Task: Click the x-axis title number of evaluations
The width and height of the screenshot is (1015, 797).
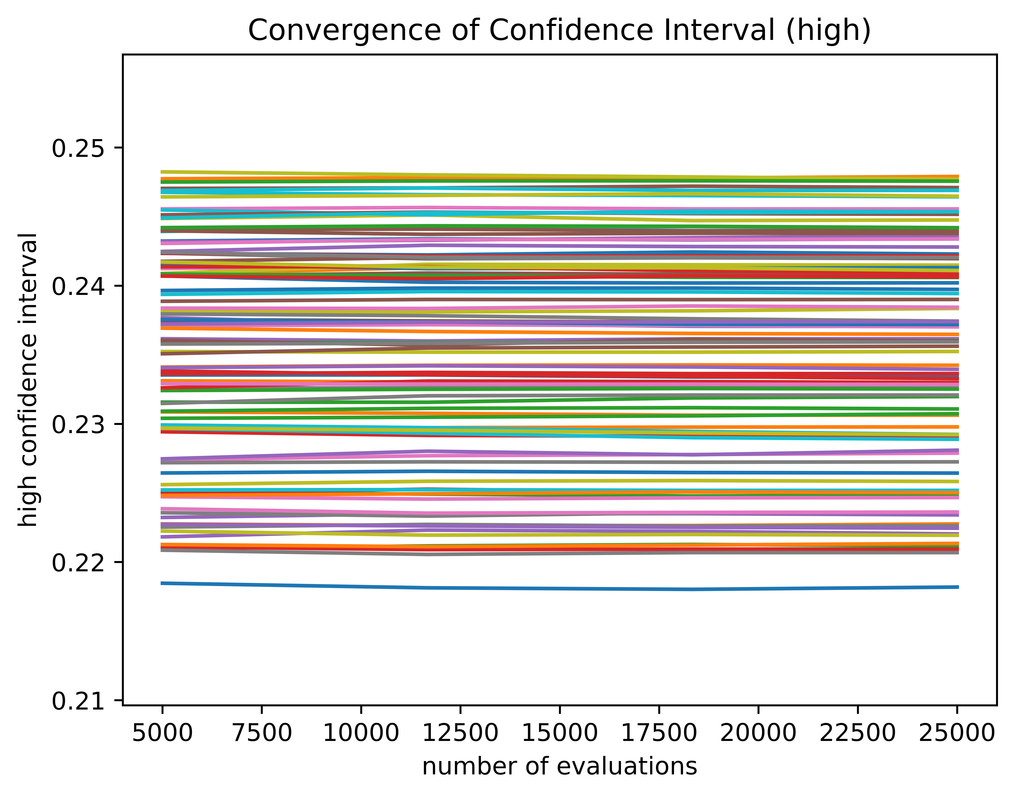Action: coord(560,767)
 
